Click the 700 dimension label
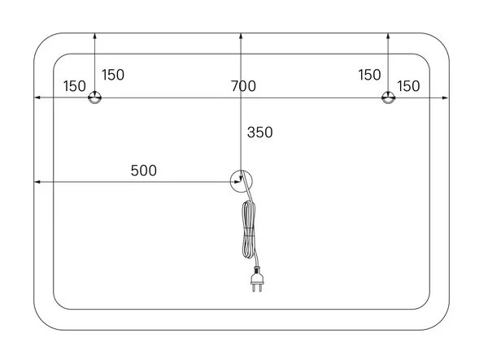coord(243,85)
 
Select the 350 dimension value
coord(259,132)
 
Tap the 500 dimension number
coord(143,171)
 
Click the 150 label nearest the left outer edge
coord(75,85)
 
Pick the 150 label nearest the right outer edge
coord(407,85)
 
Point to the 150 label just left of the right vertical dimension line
coord(369,75)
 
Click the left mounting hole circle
coord(95,98)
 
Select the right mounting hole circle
coord(388,98)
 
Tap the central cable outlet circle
coord(242,181)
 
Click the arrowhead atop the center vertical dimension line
coord(242,36)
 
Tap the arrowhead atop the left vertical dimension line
coord(95,36)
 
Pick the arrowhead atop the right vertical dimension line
coord(388,36)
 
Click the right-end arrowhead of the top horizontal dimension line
coord(445,98)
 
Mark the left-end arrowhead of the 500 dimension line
coord(37,182)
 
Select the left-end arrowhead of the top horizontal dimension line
coord(37,98)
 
